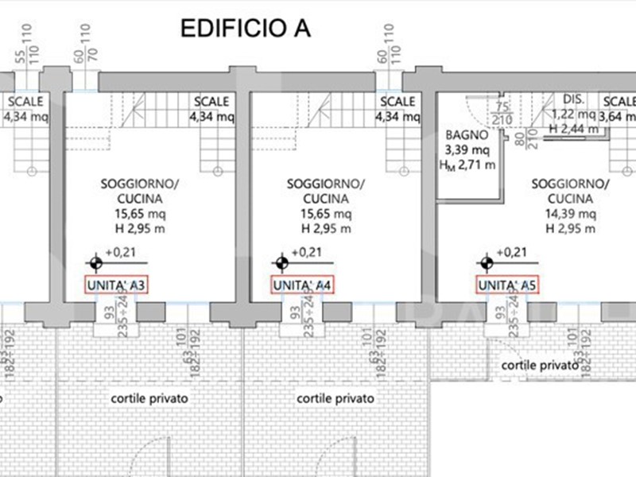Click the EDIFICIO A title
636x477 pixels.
(x=245, y=29)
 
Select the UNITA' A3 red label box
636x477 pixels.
(x=117, y=285)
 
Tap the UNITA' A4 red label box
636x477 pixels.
(x=302, y=285)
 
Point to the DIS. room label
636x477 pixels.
(x=574, y=100)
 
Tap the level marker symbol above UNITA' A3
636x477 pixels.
(x=95, y=262)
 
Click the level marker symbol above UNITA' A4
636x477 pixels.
(x=281, y=262)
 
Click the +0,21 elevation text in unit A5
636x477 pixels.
(x=512, y=252)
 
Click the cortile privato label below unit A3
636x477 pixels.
(x=150, y=397)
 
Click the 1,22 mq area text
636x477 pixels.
(x=574, y=114)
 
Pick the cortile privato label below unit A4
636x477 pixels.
(x=335, y=397)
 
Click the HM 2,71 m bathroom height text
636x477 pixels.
(x=467, y=165)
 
